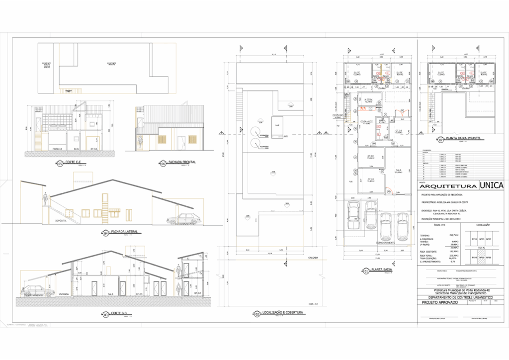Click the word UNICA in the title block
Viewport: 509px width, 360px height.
pyautogui.click(x=492, y=185)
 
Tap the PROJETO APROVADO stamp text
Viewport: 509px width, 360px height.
pyautogui.click(x=436, y=302)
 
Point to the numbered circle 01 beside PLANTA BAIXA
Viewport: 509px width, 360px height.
pyautogui.click(x=366, y=271)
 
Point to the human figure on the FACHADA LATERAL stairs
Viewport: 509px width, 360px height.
pyautogui.click(x=45, y=200)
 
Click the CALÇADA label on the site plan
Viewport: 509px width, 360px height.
pyautogui.click(x=313, y=258)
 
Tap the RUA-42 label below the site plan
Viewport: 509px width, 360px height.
pyautogui.click(x=313, y=303)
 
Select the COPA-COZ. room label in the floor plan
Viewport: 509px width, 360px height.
pyautogui.click(x=367, y=121)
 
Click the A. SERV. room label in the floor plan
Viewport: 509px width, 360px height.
pyautogui.click(x=368, y=99)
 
